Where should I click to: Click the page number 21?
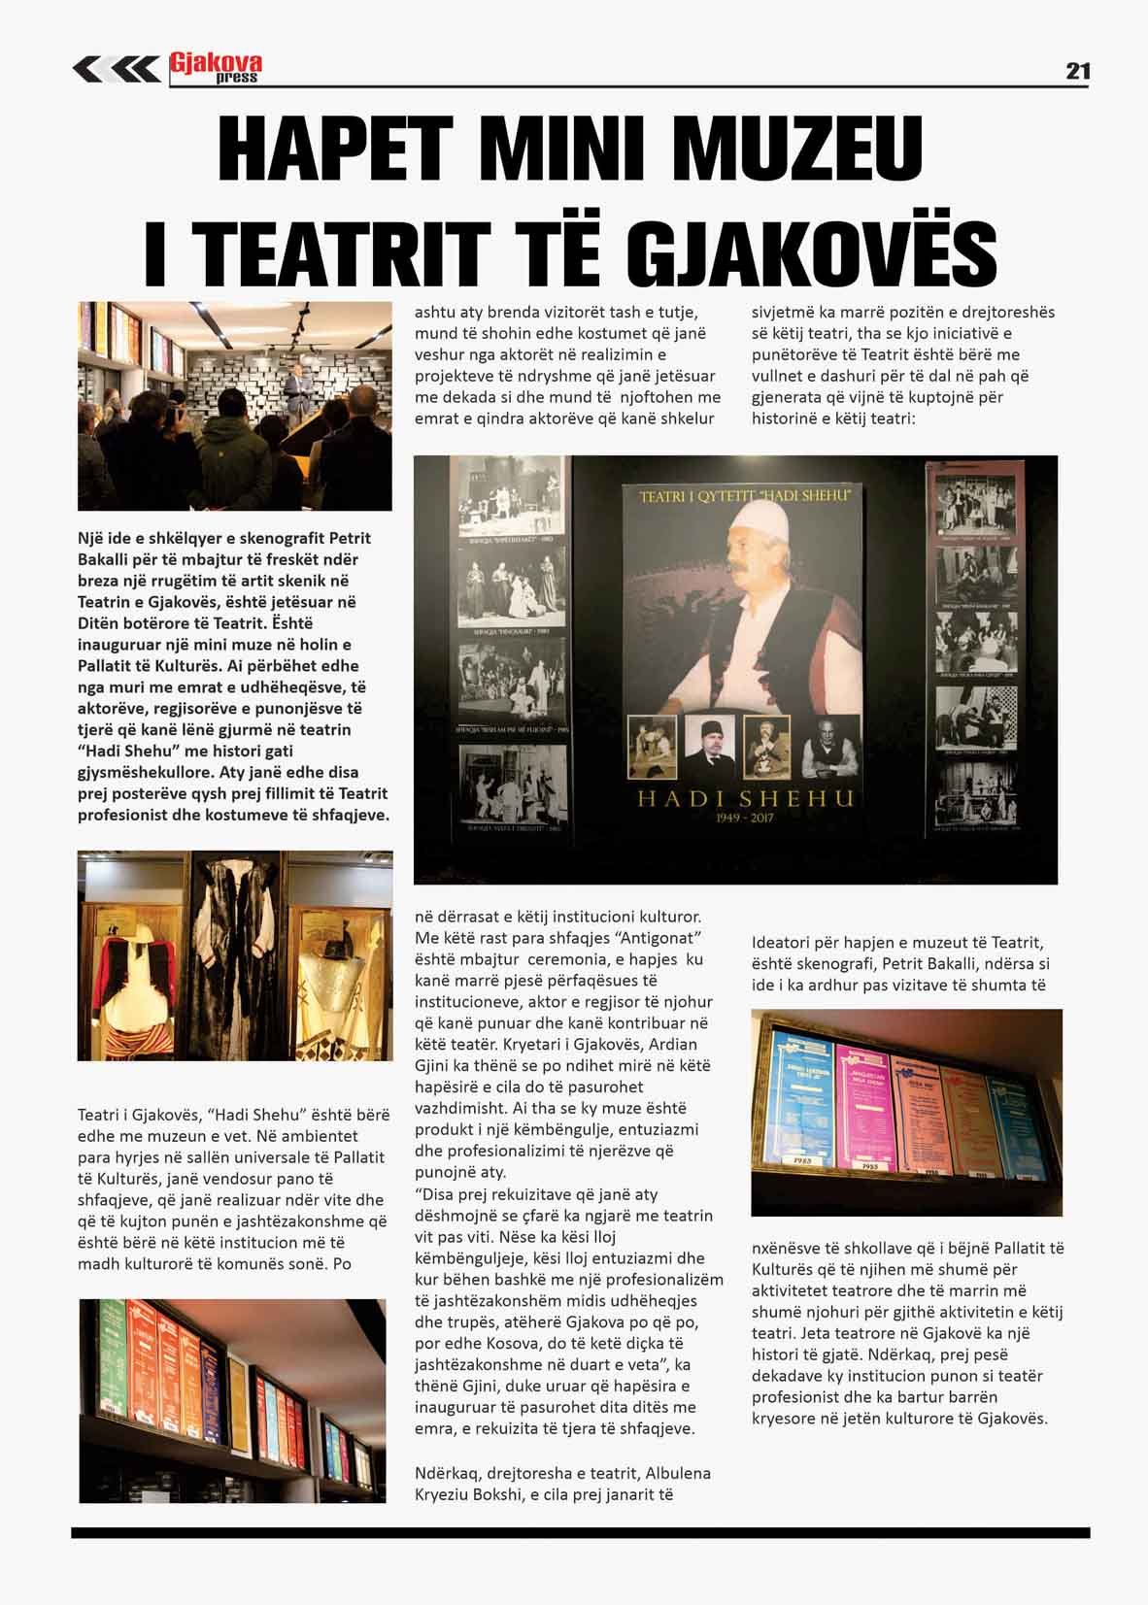coord(1077,71)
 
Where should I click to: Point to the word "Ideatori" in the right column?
coord(783,943)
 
